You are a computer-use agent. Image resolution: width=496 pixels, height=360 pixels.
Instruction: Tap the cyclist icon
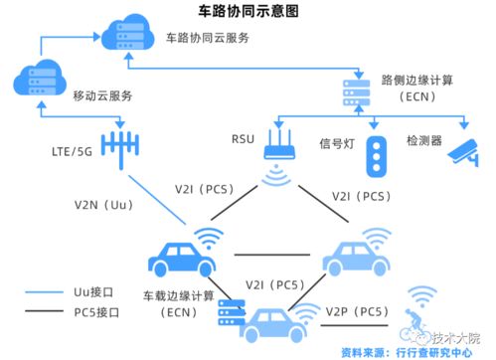click(x=418, y=327)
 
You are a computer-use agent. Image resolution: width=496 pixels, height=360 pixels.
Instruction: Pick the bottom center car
click(x=268, y=324)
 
